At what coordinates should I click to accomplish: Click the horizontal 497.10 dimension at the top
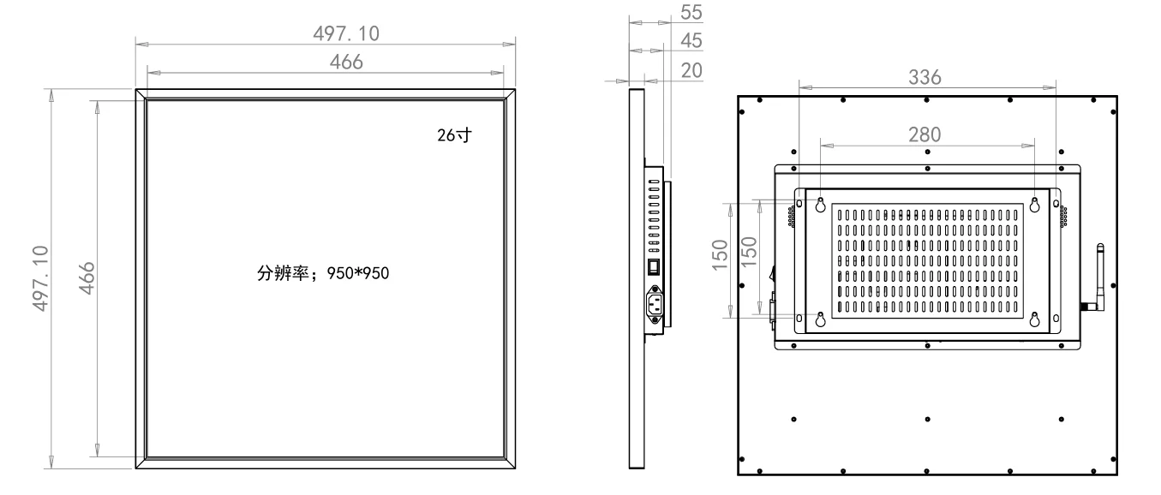[346, 33]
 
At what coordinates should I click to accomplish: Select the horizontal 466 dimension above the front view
[346, 63]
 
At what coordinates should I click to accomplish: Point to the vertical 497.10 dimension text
[40, 278]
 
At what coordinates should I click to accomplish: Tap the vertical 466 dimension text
[87, 278]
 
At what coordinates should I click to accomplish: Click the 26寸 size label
[455, 135]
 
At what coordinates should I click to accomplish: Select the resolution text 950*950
[358, 273]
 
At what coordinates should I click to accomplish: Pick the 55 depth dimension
[691, 13]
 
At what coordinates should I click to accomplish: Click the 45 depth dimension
[691, 41]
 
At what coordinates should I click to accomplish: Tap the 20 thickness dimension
[691, 70]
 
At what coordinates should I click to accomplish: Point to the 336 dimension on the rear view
[925, 78]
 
